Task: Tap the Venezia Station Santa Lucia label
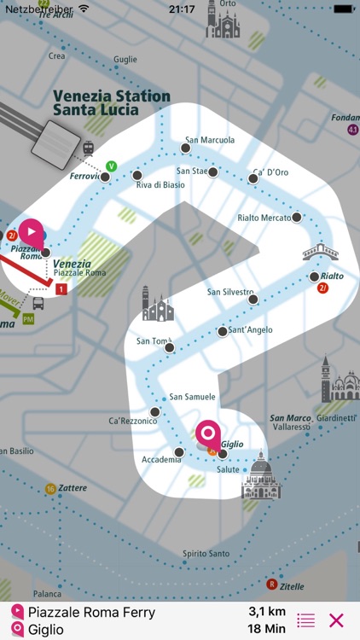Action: coord(111,103)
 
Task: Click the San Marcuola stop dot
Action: coord(185,148)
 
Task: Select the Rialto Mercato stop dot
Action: coord(297,218)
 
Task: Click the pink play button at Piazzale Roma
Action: coord(31,231)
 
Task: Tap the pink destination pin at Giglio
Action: coord(207,433)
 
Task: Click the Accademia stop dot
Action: coord(179,452)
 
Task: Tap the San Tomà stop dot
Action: coord(170,347)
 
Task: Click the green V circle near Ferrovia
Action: coord(111,166)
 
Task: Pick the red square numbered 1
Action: coord(61,290)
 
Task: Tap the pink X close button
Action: coord(336,620)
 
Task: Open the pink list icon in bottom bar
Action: coord(305,620)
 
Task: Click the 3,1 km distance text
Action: coord(266,612)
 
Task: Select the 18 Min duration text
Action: coord(266,630)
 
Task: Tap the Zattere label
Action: coord(73,489)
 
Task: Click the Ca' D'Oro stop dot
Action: coord(253,178)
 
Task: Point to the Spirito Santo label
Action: coord(206,554)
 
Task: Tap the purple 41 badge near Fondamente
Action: coord(353,130)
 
